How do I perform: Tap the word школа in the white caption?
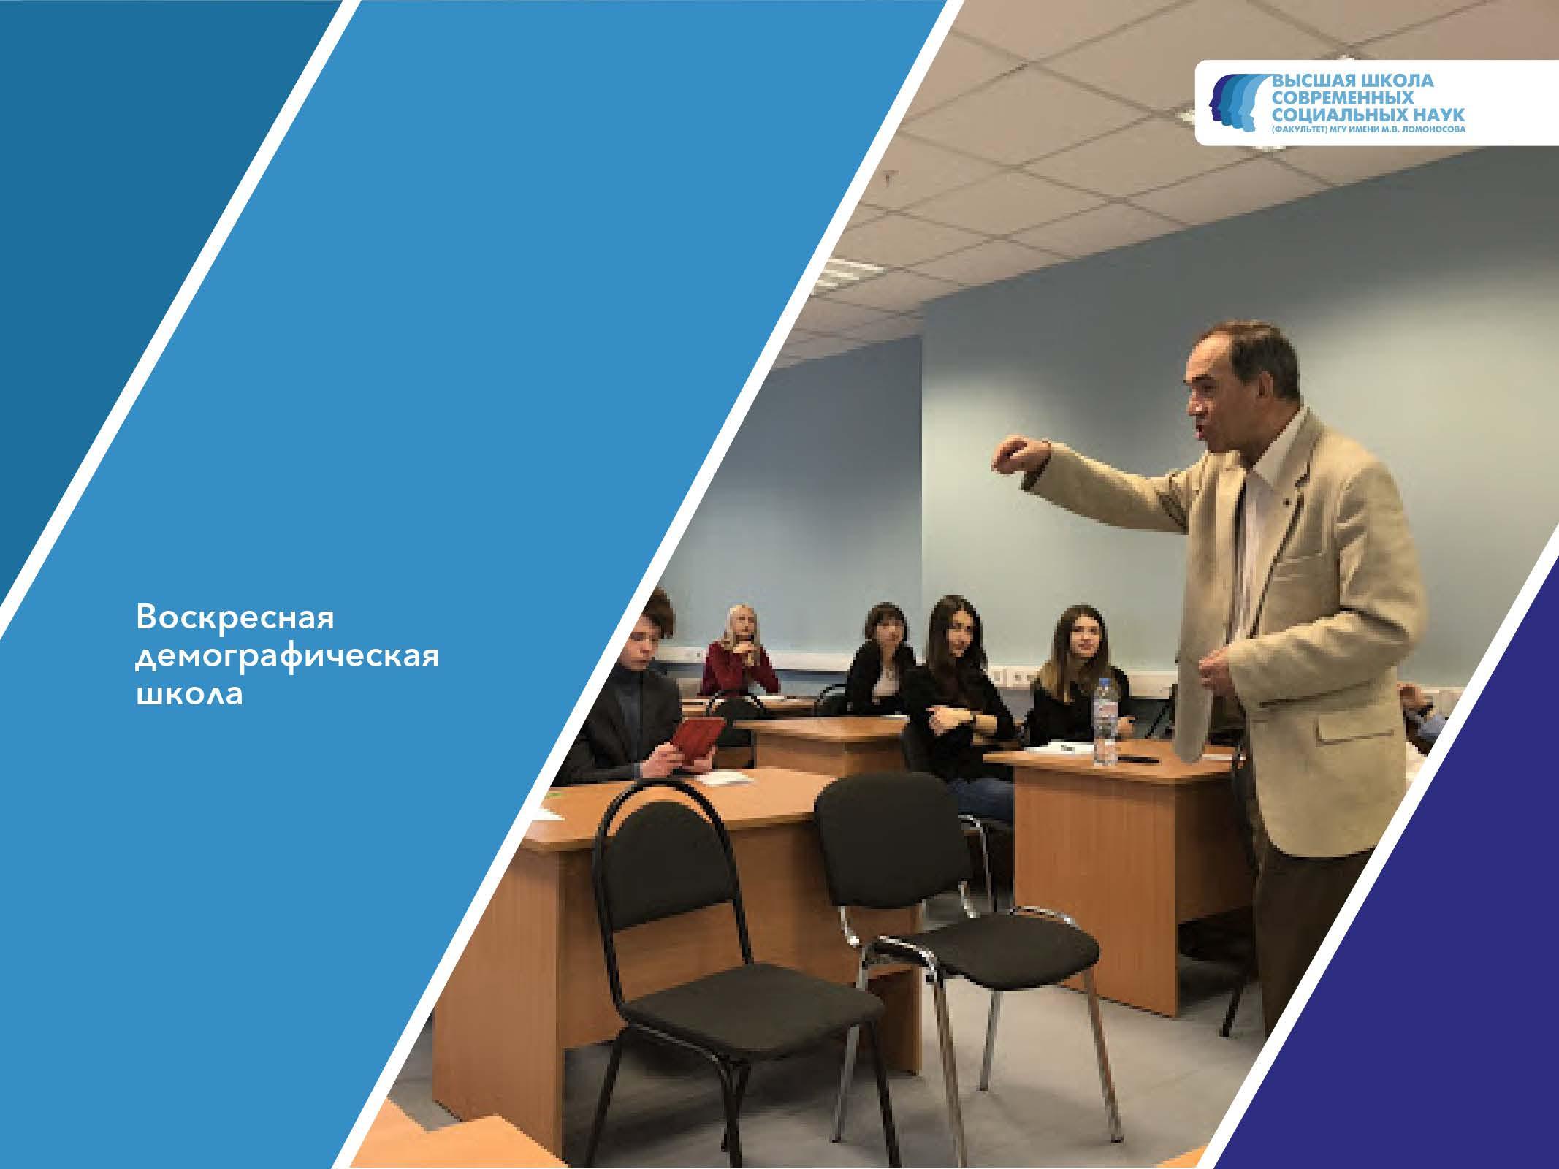click(188, 694)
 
